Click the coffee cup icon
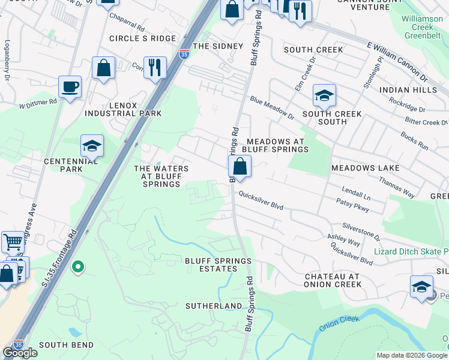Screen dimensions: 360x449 pos(70,86)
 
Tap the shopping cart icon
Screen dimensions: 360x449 pos(13,242)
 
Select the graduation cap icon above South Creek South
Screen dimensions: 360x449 pos(324,95)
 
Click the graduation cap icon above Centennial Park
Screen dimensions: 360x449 pos(92,146)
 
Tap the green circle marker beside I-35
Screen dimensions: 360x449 pos(77,266)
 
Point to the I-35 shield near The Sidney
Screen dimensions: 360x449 pos(184,54)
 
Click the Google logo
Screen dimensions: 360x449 pos(20,353)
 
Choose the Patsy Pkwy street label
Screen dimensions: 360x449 pos(352,209)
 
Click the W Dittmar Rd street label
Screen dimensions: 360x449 pos(38,103)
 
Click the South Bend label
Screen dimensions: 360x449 pos(66,345)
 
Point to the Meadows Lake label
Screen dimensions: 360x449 pos(365,167)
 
